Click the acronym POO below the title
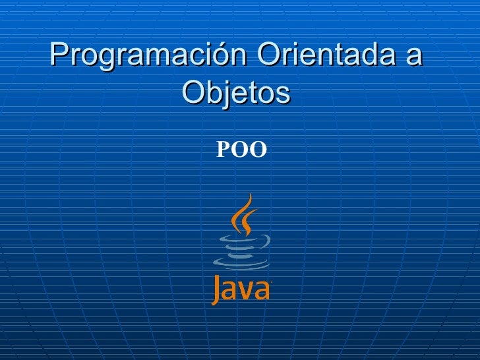[241, 151]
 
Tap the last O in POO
[258, 151]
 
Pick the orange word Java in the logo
[241, 289]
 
